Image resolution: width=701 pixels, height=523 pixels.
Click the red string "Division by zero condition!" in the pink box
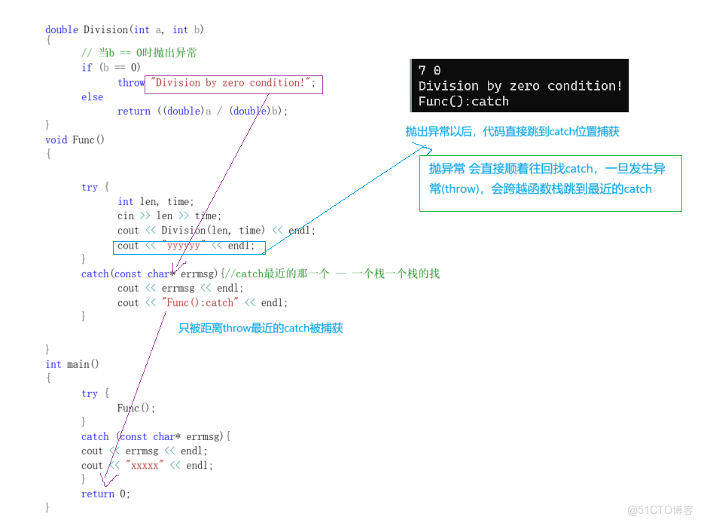coord(230,83)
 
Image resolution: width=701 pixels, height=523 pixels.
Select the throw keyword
coord(130,83)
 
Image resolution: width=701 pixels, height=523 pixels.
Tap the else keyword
coord(92,97)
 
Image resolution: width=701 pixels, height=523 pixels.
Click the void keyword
coord(56,140)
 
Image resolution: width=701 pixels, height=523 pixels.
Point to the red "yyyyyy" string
coord(184,246)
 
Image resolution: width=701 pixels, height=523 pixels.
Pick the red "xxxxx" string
coord(145,466)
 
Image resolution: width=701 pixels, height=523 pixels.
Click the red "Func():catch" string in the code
coord(200,302)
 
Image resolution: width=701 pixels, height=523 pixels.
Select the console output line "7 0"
coord(429,70)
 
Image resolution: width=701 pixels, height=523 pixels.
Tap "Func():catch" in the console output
coord(463,101)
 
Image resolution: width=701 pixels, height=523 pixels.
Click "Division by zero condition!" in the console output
coord(520,86)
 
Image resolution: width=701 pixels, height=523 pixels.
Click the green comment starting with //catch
coord(331,274)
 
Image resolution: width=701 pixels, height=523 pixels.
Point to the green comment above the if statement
coord(139,53)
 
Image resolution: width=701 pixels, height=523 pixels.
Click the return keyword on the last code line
coord(98,494)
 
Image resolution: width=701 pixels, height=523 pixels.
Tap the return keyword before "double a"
coord(133,112)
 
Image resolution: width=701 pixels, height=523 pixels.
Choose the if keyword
coord(87,68)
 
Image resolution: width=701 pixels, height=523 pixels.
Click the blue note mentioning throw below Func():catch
coord(261,329)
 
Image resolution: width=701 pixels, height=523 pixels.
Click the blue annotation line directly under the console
coord(512,131)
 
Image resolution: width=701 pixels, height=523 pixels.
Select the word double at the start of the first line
coord(61,30)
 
